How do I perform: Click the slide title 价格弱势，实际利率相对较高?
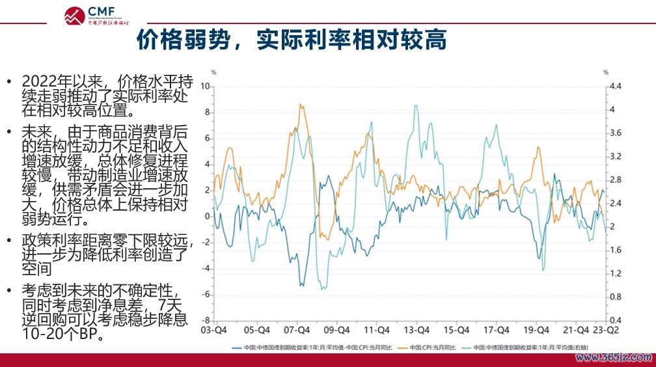point(291,40)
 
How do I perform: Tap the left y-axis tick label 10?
point(206,86)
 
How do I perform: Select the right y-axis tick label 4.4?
point(615,86)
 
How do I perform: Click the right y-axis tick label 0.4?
point(615,321)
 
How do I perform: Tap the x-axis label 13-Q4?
point(416,330)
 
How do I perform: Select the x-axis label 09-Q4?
point(336,330)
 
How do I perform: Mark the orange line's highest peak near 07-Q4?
point(300,104)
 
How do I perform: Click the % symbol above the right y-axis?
point(605,72)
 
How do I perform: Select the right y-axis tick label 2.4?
point(615,203)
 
